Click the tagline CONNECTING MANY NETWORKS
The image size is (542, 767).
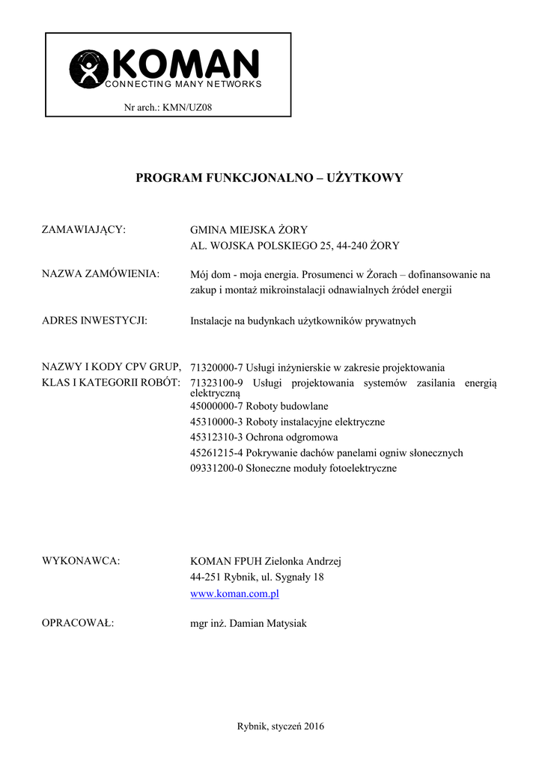tap(183, 84)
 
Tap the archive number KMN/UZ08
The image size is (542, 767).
tap(193, 108)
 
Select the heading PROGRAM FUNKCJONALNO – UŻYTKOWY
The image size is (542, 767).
tap(270, 178)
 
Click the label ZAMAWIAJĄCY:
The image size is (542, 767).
tap(84, 229)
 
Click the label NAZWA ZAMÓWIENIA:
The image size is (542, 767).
tap(100, 273)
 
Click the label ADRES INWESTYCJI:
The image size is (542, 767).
tap(94, 321)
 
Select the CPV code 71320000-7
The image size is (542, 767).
tap(217, 368)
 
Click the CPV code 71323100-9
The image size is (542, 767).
tap(217, 383)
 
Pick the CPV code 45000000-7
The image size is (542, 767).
tap(217, 406)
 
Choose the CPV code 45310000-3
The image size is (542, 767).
tap(217, 422)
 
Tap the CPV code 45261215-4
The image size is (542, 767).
tap(217, 452)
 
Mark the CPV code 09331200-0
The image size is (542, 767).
tap(217, 468)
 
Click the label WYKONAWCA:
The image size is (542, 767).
tap(81, 561)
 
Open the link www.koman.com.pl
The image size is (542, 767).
tap(235, 593)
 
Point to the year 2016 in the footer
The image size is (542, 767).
tap(314, 726)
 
